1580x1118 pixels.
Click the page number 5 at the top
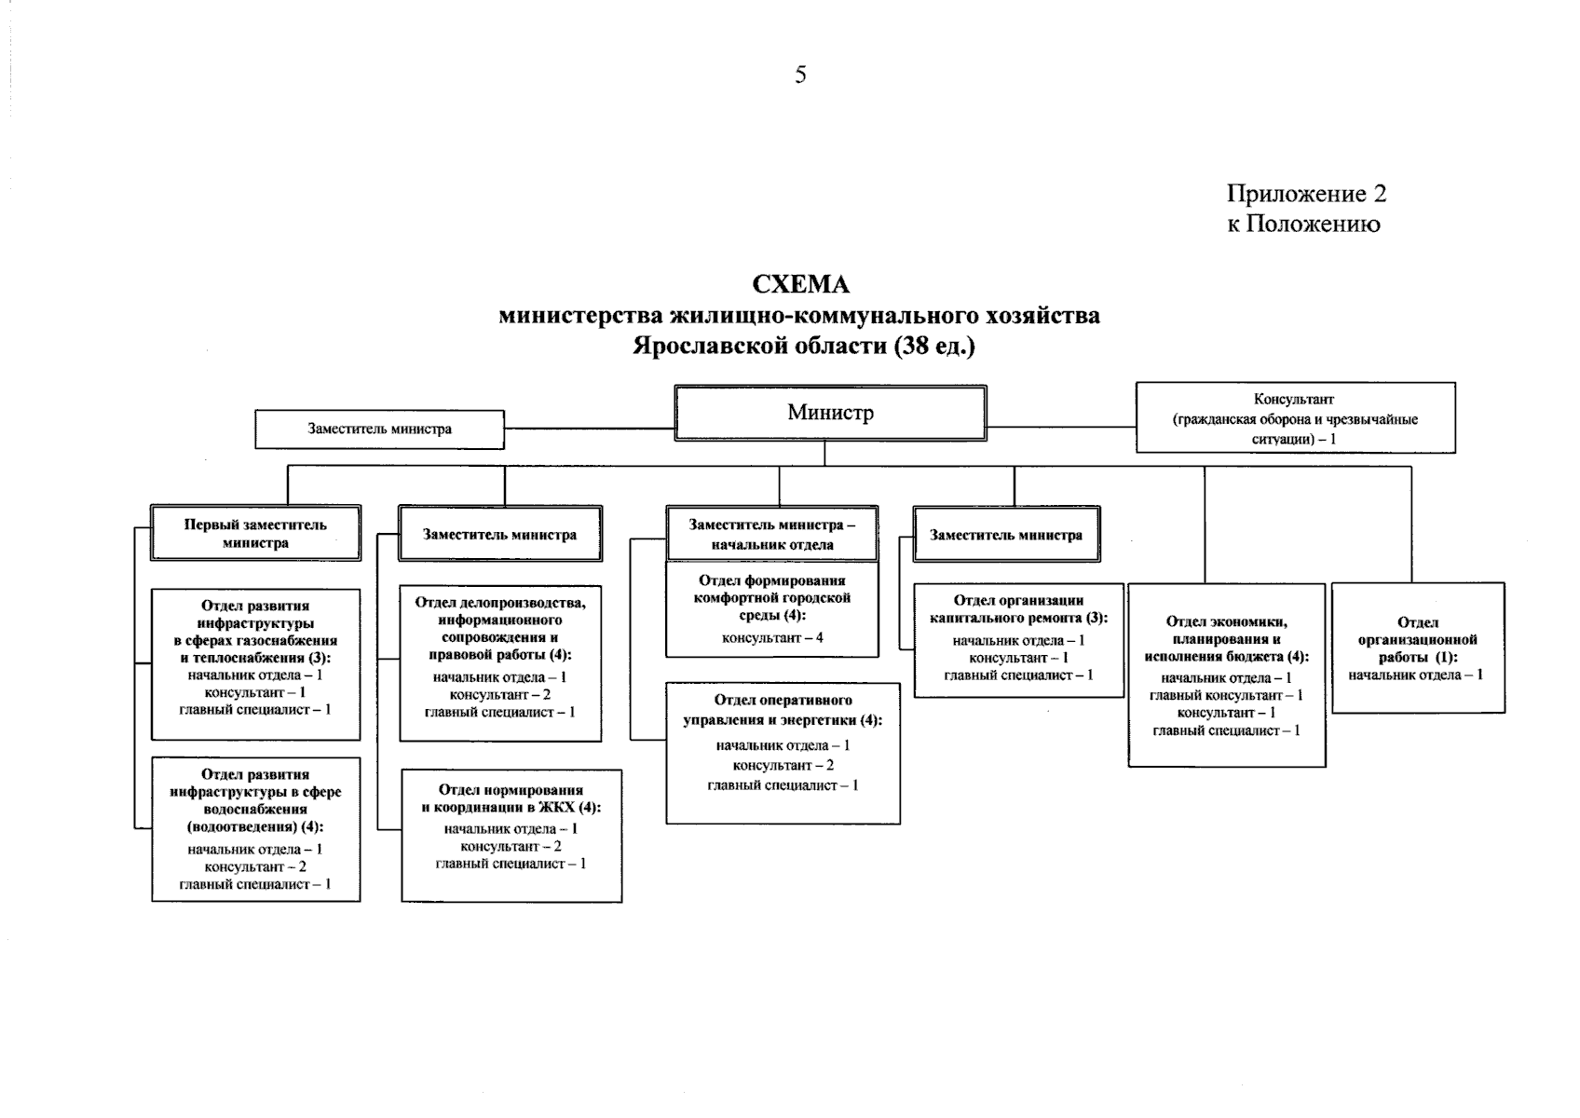[800, 75]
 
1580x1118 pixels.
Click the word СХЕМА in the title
[800, 283]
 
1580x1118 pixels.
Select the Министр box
[830, 413]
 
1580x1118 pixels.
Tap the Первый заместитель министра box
[255, 534]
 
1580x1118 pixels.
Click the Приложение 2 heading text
[1306, 194]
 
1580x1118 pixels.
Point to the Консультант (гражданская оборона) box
[1295, 418]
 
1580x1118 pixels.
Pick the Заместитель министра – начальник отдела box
[772, 535]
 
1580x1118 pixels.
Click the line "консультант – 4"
[772, 638]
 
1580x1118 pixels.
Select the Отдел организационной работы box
[1418, 648]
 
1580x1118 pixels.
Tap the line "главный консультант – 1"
[1226, 696]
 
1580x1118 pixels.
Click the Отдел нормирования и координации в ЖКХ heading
[511, 798]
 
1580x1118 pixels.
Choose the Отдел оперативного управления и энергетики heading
[783, 710]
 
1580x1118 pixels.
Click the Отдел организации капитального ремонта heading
[1018, 609]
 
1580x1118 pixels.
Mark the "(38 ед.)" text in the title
[933, 347]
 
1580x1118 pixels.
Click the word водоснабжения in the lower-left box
[255, 810]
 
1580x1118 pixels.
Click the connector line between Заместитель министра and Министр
[589, 429]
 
